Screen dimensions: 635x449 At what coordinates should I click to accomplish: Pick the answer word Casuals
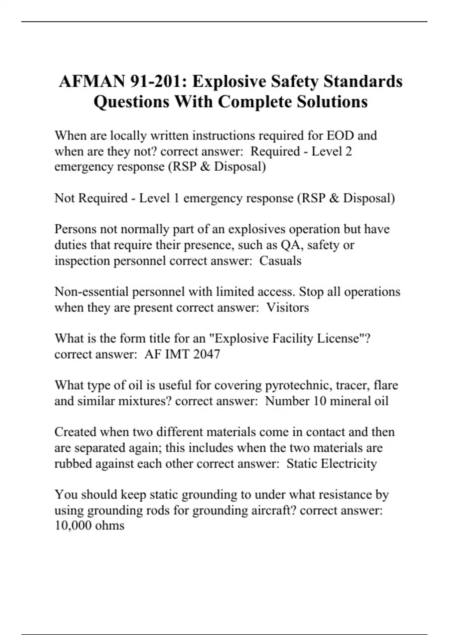(280, 260)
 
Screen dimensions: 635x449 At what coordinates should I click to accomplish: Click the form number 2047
(207, 354)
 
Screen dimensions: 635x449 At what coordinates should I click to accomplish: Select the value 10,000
(73, 526)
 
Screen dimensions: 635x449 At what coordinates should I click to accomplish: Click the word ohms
(110, 526)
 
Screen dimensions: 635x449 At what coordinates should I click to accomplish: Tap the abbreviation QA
(288, 245)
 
